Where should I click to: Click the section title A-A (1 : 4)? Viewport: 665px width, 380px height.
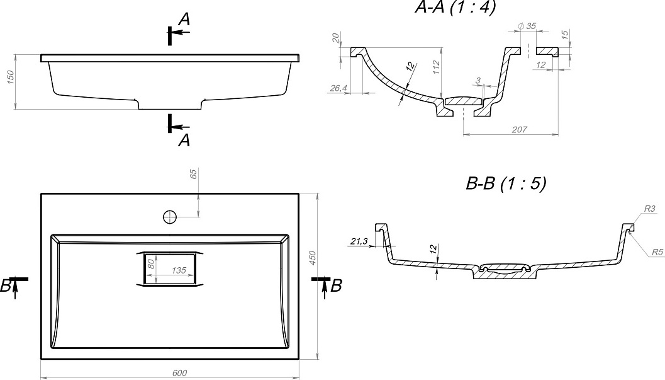tap(455, 7)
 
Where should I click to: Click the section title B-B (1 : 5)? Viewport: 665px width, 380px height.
tap(506, 183)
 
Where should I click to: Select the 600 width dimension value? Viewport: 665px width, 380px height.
tap(179, 373)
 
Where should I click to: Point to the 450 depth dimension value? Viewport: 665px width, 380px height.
tap(313, 258)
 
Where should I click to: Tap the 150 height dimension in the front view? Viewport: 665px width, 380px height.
tap(11, 77)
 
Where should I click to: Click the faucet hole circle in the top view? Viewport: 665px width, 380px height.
tap(170, 217)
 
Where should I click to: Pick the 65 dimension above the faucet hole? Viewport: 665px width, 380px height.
tap(194, 174)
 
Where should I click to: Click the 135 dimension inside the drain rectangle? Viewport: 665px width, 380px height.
tap(179, 270)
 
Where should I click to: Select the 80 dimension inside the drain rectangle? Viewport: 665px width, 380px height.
tap(150, 264)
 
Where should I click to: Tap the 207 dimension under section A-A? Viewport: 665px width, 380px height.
tap(519, 129)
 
